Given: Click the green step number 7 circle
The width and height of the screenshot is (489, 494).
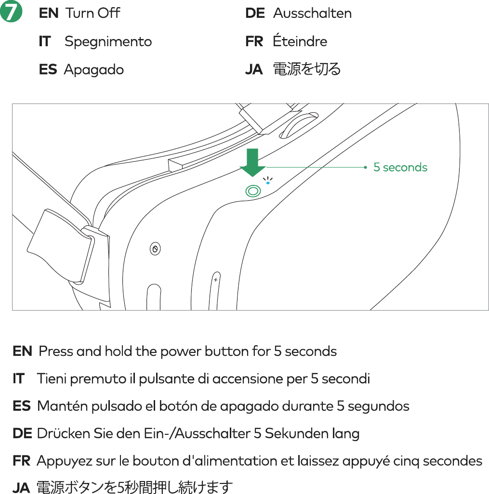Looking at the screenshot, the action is pyautogui.click(x=12, y=13).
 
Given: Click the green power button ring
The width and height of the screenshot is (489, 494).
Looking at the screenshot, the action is pyautogui.click(x=253, y=191).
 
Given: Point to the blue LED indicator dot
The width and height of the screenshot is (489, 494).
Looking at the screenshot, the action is pyautogui.click(x=268, y=183).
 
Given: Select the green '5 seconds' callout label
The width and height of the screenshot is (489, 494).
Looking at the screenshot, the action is pyautogui.click(x=400, y=168).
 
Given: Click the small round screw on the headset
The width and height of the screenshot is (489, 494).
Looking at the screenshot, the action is pyautogui.click(x=155, y=249).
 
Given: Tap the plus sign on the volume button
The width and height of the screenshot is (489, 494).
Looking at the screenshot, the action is pyautogui.click(x=216, y=280).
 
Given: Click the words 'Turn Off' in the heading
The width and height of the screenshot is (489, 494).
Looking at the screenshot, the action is pyautogui.click(x=93, y=13).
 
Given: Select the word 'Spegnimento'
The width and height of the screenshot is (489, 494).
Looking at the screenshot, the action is pyautogui.click(x=108, y=41).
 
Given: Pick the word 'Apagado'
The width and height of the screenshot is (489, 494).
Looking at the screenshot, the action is pyautogui.click(x=93, y=70).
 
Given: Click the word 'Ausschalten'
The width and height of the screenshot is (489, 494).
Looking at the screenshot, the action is pyautogui.click(x=312, y=13).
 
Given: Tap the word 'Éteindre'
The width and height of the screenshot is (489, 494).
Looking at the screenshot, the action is pyautogui.click(x=300, y=41).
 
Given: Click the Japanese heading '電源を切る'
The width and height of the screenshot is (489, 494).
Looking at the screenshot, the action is pyautogui.click(x=307, y=69).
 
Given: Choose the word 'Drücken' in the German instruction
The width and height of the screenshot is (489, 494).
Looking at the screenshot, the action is pyautogui.click(x=57, y=434).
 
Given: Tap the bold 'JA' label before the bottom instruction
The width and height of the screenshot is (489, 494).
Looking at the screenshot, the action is pyautogui.click(x=22, y=488).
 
